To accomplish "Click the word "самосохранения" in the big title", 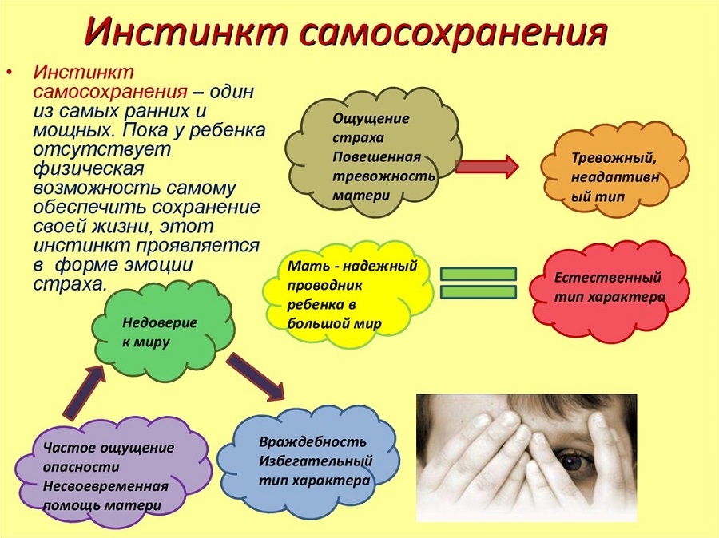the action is coord(454,32).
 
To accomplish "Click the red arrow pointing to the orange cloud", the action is coord(487,166).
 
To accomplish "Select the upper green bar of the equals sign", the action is coord(479,274).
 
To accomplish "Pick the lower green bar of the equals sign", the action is coord(479,292).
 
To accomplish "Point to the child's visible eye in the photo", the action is coord(572,459).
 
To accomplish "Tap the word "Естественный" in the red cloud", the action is coord(608,278).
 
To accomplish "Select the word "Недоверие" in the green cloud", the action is coord(160,322).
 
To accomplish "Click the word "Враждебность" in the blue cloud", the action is coord(312,441).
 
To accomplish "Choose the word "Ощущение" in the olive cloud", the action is coord(371,119).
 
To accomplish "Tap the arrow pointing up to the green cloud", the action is coord(85,392).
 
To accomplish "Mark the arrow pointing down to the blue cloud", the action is coord(256,377).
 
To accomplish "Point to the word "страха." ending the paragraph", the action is coord(70,285).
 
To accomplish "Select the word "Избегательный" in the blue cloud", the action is coord(316,461).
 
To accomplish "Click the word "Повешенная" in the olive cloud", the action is coord(376,157).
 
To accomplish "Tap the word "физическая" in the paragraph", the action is coord(89,169).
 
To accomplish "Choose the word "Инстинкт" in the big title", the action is coord(187,32).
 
